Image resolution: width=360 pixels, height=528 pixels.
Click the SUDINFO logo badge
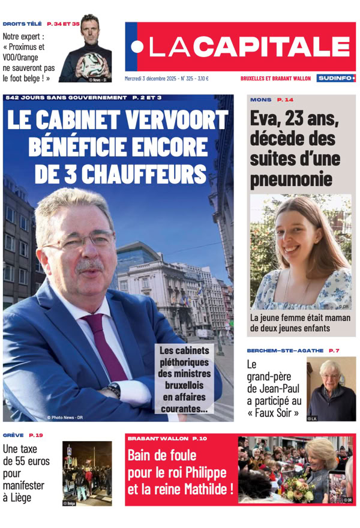(x=336, y=78)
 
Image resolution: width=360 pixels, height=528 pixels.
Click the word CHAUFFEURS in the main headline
(x=120, y=173)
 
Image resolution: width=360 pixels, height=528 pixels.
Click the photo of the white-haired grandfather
(x=331, y=389)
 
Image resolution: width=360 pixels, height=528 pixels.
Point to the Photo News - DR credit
(x=64, y=417)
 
